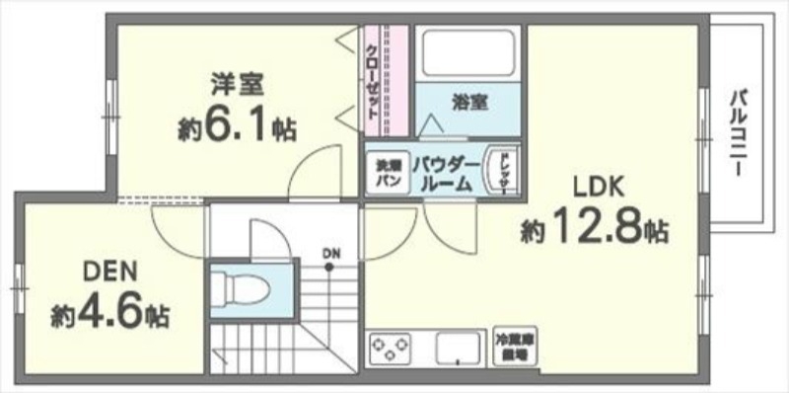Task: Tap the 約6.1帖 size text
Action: coord(236,128)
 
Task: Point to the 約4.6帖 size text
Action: coord(109,315)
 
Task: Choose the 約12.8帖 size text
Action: coord(595,230)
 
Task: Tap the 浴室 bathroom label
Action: coord(469,102)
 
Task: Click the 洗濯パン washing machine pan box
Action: coord(385,175)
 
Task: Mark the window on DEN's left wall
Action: coord(17,286)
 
